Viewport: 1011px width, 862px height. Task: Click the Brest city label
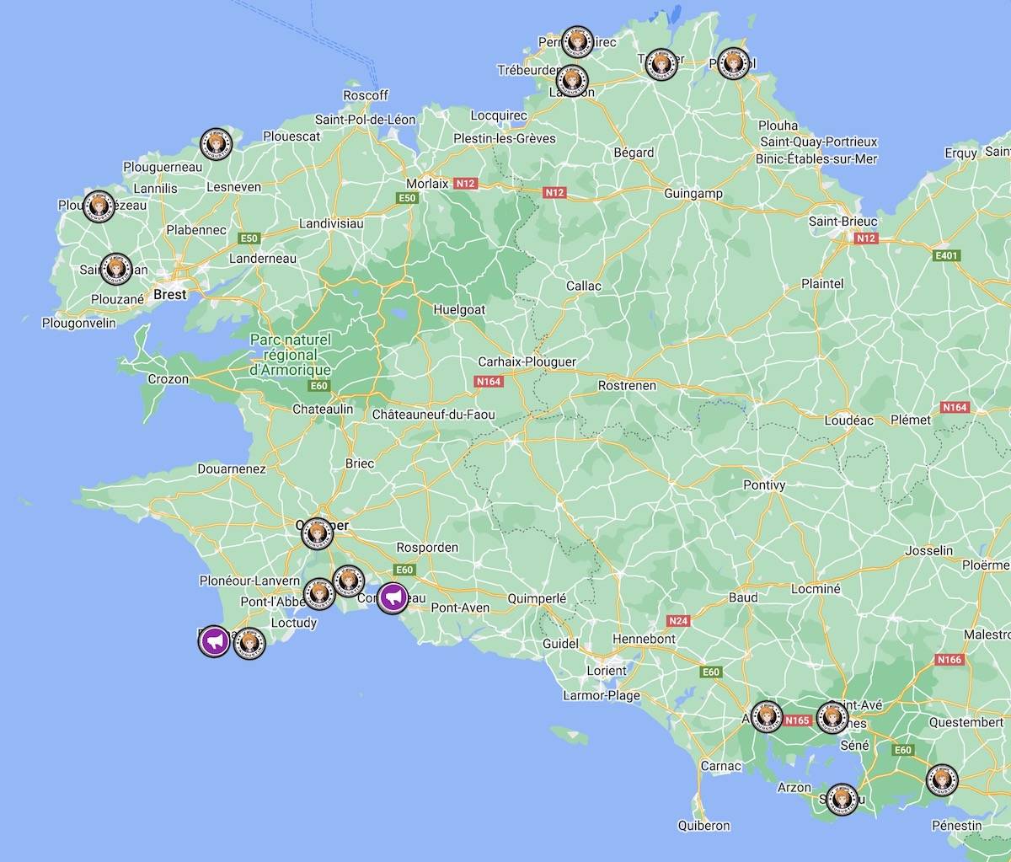[169, 295]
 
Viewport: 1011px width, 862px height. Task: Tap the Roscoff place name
[366, 96]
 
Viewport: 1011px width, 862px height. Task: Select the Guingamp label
[693, 194]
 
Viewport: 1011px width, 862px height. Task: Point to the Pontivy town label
[764, 485]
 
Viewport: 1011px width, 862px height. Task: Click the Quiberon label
[703, 826]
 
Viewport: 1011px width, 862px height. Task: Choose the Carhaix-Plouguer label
[527, 361]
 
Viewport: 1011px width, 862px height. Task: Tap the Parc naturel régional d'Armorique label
[291, 355]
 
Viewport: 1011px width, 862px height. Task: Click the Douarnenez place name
[231, 469]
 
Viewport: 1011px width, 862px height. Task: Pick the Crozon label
[168, 379]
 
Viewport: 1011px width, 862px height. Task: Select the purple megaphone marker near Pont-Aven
[392, 598]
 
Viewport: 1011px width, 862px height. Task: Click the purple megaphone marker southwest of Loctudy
[214, 641]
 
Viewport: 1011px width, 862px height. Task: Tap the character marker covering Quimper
[317, 532]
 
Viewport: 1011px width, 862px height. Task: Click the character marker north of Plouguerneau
[217, 144]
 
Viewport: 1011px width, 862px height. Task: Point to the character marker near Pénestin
[941, 779]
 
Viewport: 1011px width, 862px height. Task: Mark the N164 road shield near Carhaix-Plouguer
[489, 382]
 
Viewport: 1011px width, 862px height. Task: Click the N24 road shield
[677, 621]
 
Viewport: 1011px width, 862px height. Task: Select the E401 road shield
[946, 256]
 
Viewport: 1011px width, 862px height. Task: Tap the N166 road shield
[949, 660]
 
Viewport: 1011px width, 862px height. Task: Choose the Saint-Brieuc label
[842, 222]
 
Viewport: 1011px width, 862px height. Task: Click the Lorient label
[607, 671]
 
